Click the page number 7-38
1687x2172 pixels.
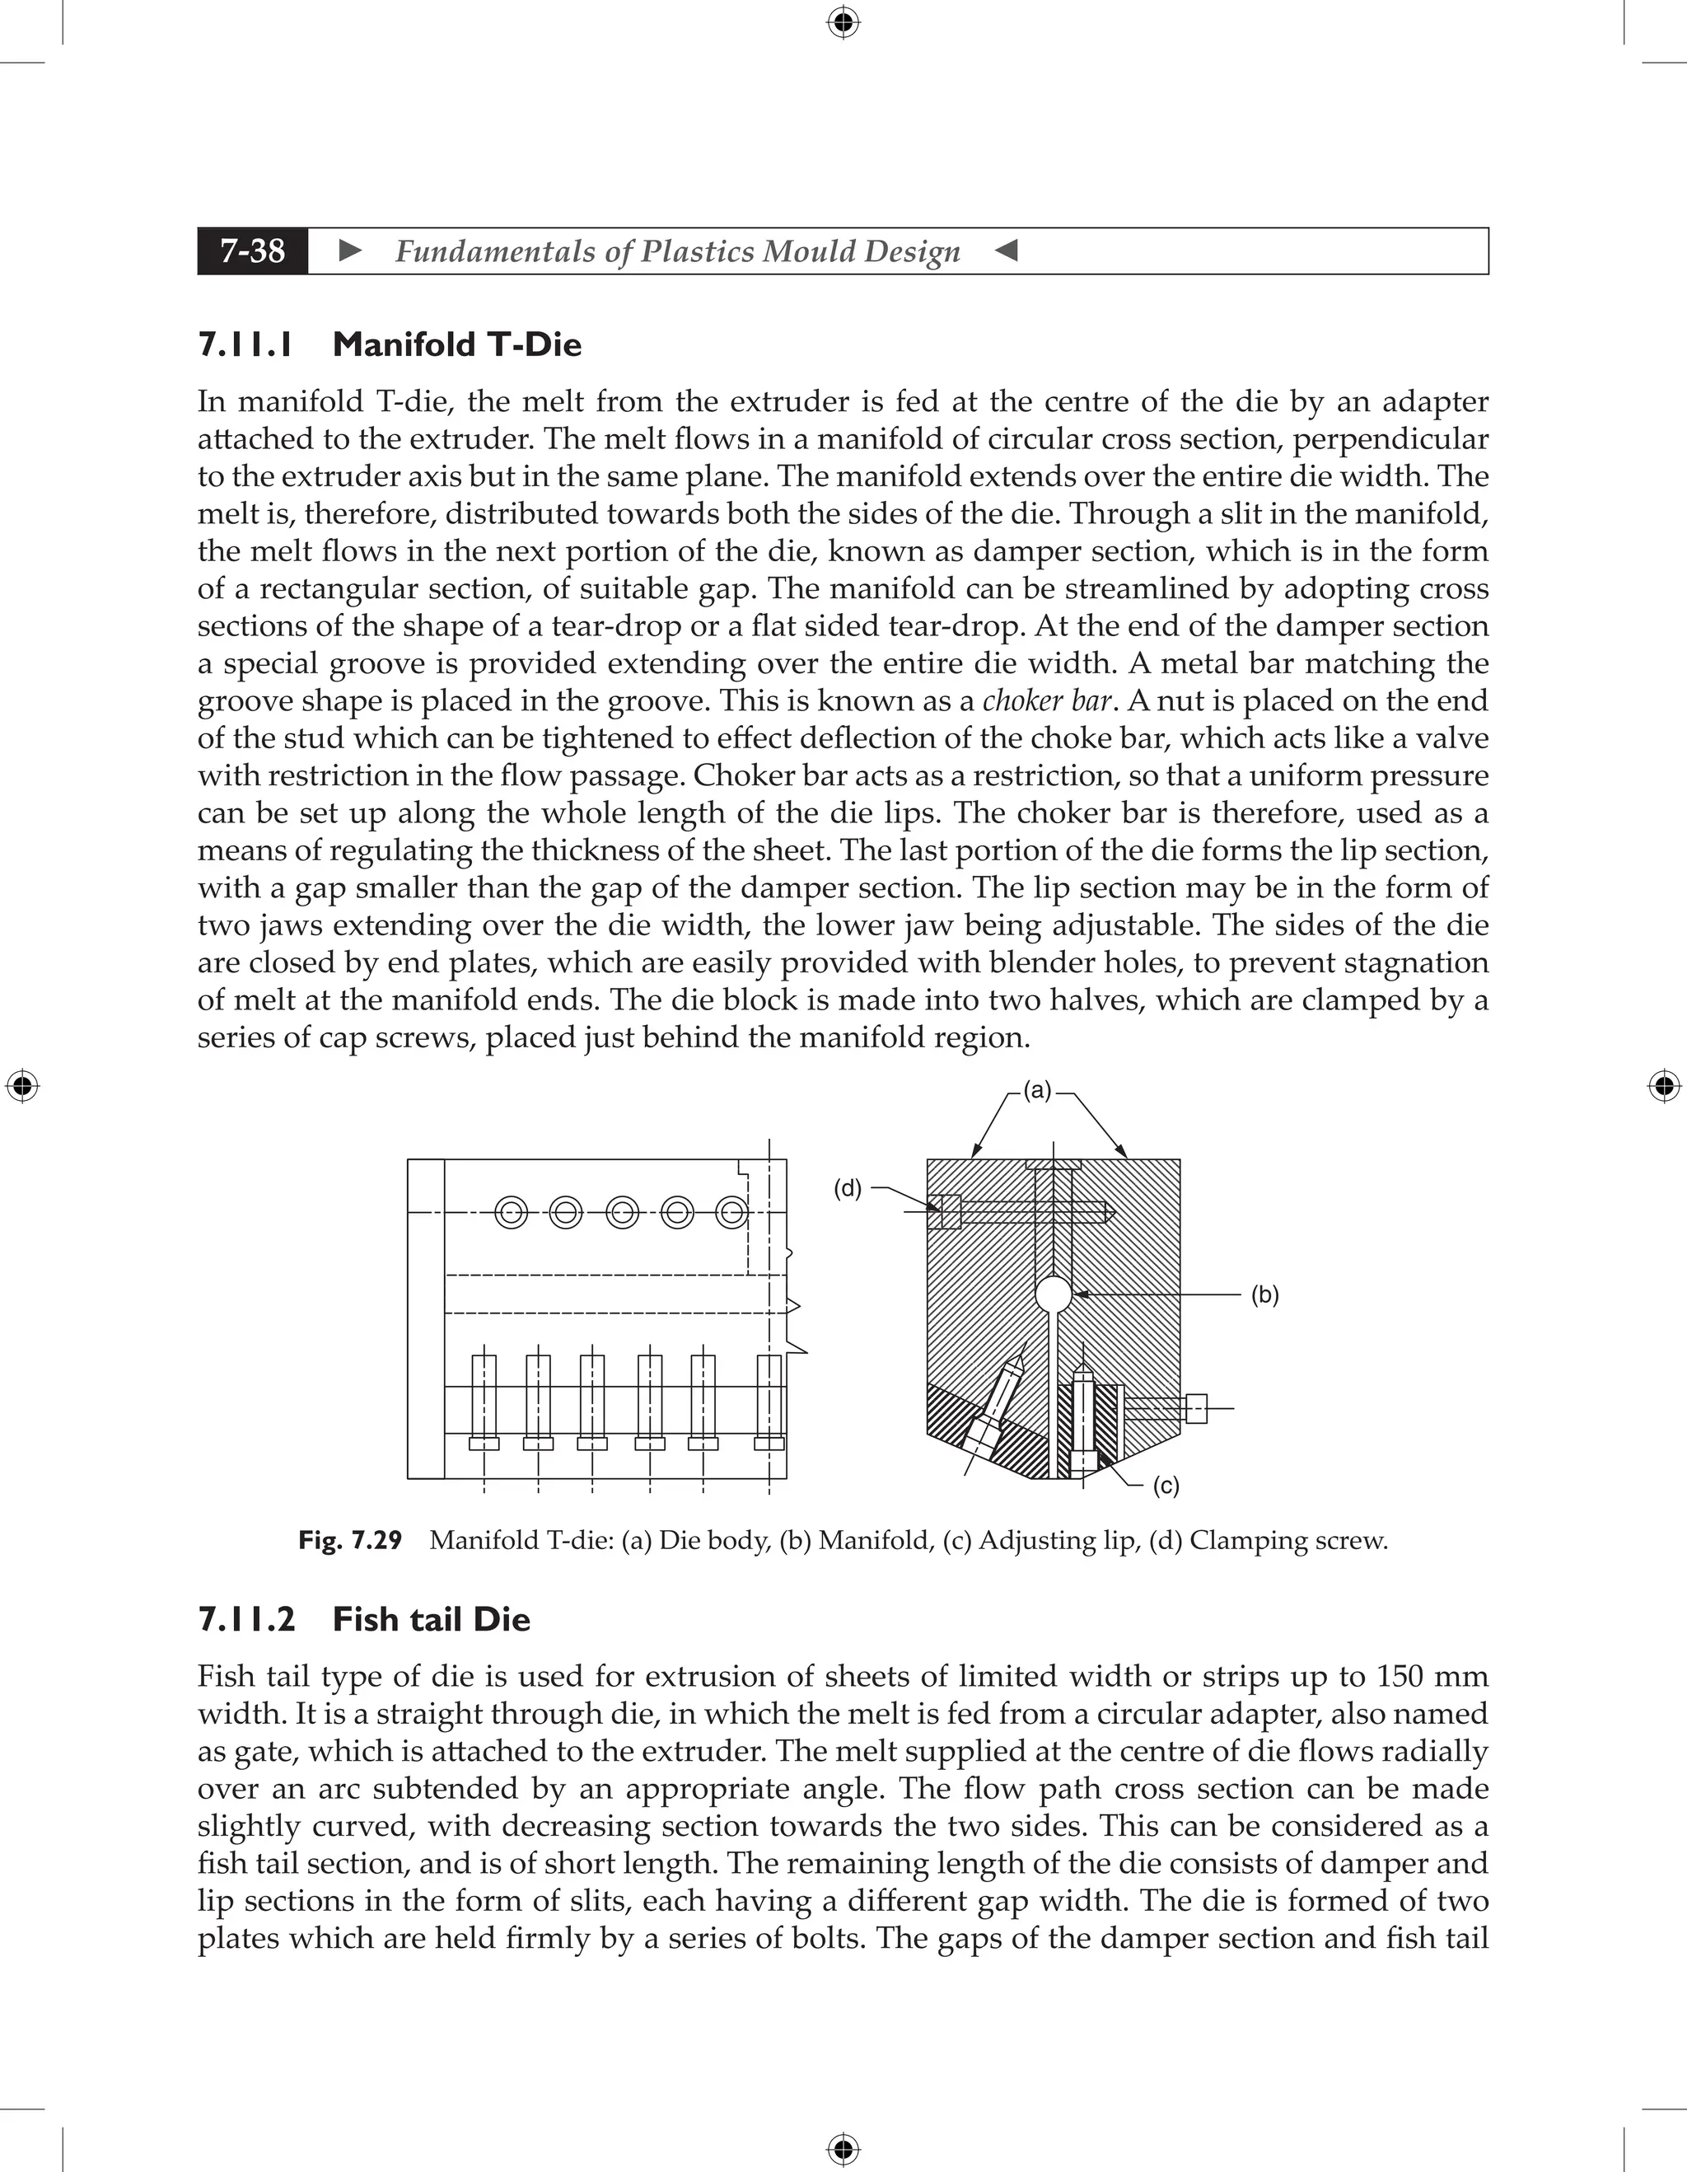point(253,250)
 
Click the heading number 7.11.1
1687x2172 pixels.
point(245,344)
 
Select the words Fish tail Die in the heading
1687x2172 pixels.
point(431,1619)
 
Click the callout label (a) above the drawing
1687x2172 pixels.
point(1037,1090)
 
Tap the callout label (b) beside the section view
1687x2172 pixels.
point(1264,1294)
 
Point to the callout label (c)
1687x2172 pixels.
point(1166,1486)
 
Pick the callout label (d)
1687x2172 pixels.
point(847,1188)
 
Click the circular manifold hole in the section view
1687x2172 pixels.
point(1053,1294)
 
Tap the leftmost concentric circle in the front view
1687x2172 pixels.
point(511,1212)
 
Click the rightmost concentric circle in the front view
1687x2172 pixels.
point(731,1212)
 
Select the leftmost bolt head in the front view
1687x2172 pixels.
point(484,1443)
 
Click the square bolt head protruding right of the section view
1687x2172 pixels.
point(1197,1408)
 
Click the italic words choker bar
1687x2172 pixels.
point(1046,701)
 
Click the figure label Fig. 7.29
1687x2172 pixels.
point(350,1541)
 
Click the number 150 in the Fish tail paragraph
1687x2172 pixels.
point(1402,1677)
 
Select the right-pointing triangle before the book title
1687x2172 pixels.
point(350,250)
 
